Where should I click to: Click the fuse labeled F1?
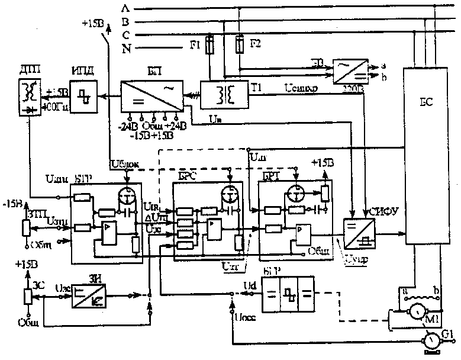click(x=209, y=46)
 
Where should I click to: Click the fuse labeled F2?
click(x=240, y=45)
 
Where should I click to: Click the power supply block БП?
click(x=150, y=94)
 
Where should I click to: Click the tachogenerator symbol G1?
click(x=430, y=340)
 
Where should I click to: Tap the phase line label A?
click(x=124, y=8)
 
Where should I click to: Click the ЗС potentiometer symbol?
click(x=25, y=296)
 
